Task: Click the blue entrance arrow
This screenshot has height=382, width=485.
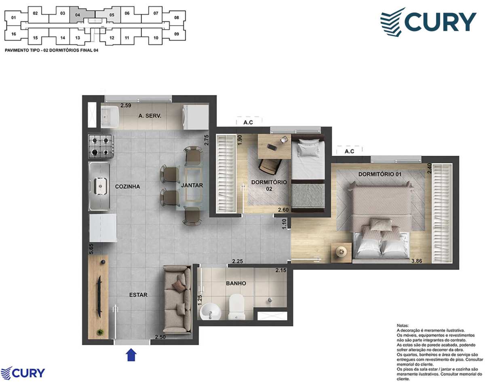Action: click(131, 355)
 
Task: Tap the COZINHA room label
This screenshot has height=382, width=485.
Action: click(127, 187)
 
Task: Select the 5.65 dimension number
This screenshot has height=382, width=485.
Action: click(91, 249)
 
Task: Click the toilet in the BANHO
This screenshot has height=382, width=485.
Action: click(237, 306)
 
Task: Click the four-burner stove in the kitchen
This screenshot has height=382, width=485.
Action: click(100, 146)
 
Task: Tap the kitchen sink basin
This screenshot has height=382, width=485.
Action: click(100, 186)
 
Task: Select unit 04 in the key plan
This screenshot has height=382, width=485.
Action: click(78, 15)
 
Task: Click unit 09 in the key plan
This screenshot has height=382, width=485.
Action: click(177, 34)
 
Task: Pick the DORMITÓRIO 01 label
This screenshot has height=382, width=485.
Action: click(380, 174)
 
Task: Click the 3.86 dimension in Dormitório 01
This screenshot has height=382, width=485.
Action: click(416, 261)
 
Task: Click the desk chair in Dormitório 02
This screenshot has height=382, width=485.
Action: click(269, 166)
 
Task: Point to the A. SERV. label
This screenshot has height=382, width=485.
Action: click(150, 116)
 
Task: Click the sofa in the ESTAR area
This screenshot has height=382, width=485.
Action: click(177, 300)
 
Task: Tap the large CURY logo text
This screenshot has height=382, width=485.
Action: click(441, 22)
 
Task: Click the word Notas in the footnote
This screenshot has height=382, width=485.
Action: click(403, 325)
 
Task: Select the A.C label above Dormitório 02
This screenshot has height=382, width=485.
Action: click(248, 122)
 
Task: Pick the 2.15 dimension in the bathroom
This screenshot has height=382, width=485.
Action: click(280, 270)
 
